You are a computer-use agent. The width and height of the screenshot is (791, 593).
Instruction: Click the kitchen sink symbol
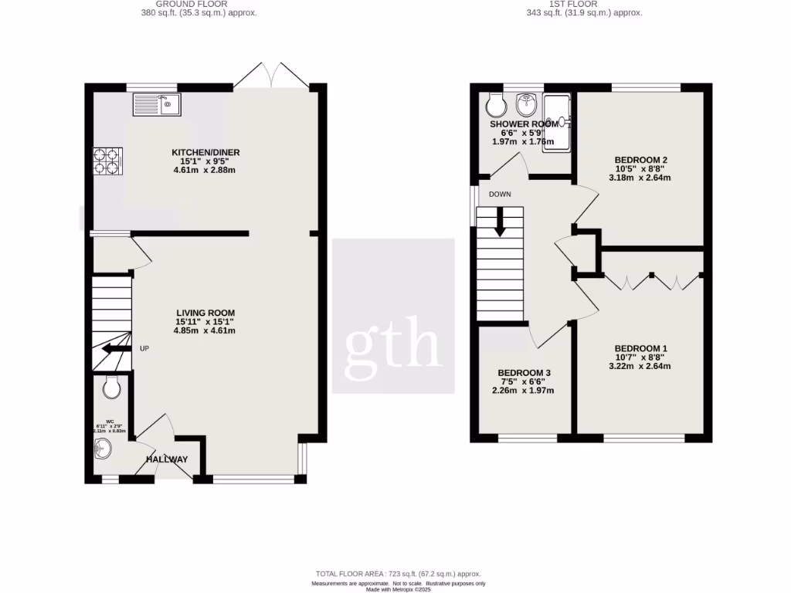point(157,104)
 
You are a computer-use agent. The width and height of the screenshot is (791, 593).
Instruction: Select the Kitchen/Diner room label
point(203,153)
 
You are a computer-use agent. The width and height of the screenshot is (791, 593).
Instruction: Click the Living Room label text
point(205,313)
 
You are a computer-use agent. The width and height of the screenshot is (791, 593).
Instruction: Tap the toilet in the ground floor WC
point(110,388)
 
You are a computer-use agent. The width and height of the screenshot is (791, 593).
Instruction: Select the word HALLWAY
point(168,459)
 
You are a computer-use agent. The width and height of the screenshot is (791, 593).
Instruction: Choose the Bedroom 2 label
point(639,160)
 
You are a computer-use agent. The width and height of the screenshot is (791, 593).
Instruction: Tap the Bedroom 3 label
point(524,372)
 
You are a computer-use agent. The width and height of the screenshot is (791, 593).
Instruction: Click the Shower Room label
point(523,124)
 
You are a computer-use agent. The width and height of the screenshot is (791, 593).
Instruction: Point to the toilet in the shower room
point(495,104)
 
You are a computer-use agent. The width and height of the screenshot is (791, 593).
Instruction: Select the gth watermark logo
point(393,341)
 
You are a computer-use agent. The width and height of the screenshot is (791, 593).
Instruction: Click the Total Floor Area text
point(398,574)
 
